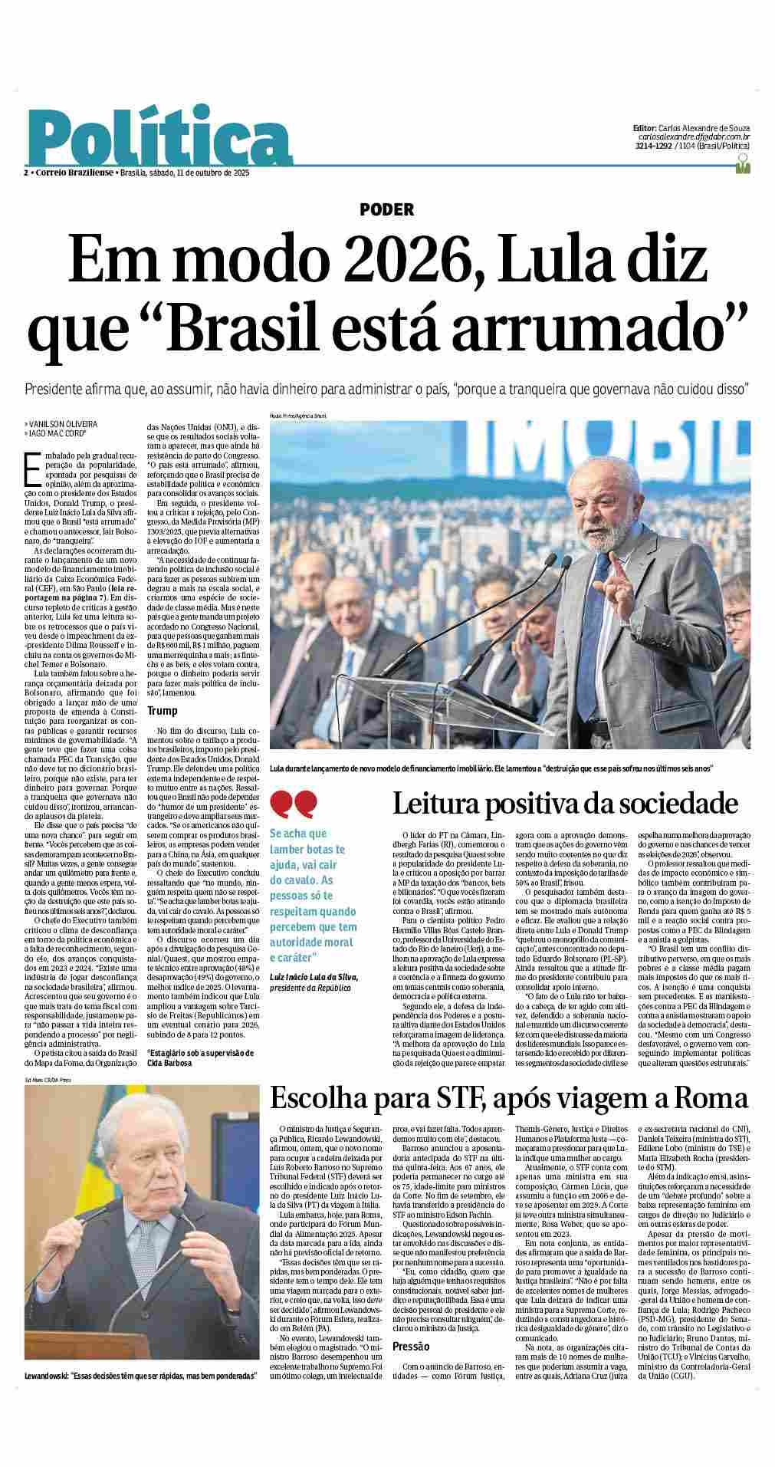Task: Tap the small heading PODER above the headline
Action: (x=386, y=209)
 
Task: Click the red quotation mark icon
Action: (x=294, y=804)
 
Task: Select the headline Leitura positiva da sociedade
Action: (x=565, y=804)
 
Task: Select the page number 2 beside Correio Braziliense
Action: (x=26, y=173)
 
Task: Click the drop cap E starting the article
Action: (x=31, y=469)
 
